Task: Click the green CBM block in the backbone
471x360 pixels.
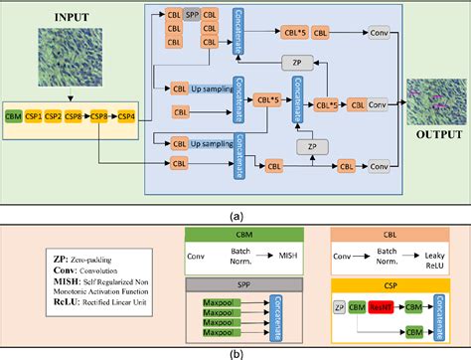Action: (15, 116)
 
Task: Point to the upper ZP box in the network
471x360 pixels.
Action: (291, 63)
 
